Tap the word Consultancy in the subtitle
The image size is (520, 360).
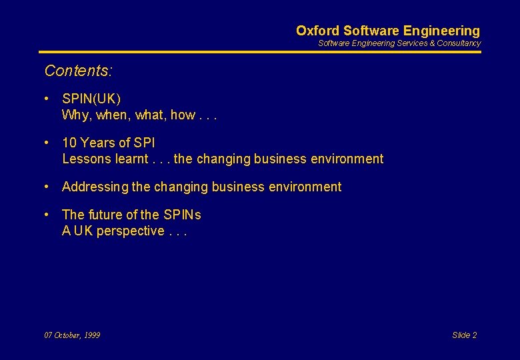click(x=459, y=43)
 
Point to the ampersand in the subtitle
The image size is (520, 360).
click(x=431, y=43)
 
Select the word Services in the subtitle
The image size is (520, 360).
click(x=412, y=43)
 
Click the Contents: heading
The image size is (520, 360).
click(x=78, y=70)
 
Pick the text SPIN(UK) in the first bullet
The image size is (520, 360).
click(x=91, y=99)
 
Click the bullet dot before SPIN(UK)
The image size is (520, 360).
click(x=47, y=99)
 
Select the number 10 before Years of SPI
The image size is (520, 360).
click(x=69, y=143)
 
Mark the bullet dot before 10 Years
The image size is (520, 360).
click(x=47, y=143)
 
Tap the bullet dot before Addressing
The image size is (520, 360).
click(x=47, y=187)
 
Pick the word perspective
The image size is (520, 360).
click(x=130, y=231)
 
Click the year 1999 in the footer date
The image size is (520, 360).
click(x=91, y=335)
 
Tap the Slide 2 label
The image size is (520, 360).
click(x=464, y=335)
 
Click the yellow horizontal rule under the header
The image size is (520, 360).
click(x=259, y=52)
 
